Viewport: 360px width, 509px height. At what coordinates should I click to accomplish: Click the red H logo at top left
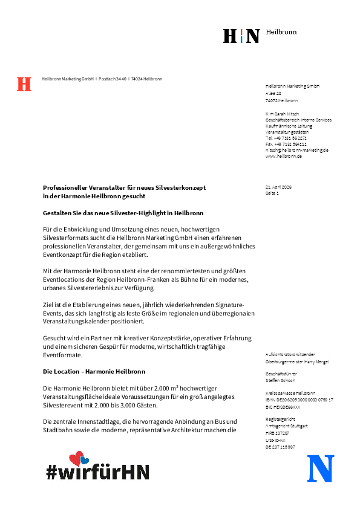tap(24, 84)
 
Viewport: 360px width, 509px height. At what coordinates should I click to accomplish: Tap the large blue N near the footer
tap(321, 468)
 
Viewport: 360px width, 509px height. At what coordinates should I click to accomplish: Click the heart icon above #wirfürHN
tap(79, 459)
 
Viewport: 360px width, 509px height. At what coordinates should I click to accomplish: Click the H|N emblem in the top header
tap(241, 36)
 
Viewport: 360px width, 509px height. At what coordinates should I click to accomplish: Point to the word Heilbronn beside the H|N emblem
tap(281, 32)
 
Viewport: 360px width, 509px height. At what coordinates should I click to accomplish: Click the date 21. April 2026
tap(278, 187)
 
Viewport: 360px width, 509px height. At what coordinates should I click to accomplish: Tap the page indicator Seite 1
tap(272, 193)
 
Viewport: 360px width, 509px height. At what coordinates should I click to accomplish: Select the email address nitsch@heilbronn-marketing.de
tap(296, 150)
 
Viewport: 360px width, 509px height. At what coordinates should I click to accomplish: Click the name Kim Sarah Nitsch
tap(282, 114)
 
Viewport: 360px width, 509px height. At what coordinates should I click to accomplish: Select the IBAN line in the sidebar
tap(299, 400)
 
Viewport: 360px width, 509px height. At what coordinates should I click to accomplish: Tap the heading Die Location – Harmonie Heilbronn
tap(94, 371)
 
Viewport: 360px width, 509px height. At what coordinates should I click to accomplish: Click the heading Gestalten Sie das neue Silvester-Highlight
tap(123, 213)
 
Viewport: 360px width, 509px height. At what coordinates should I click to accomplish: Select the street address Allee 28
tap(273, 94)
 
